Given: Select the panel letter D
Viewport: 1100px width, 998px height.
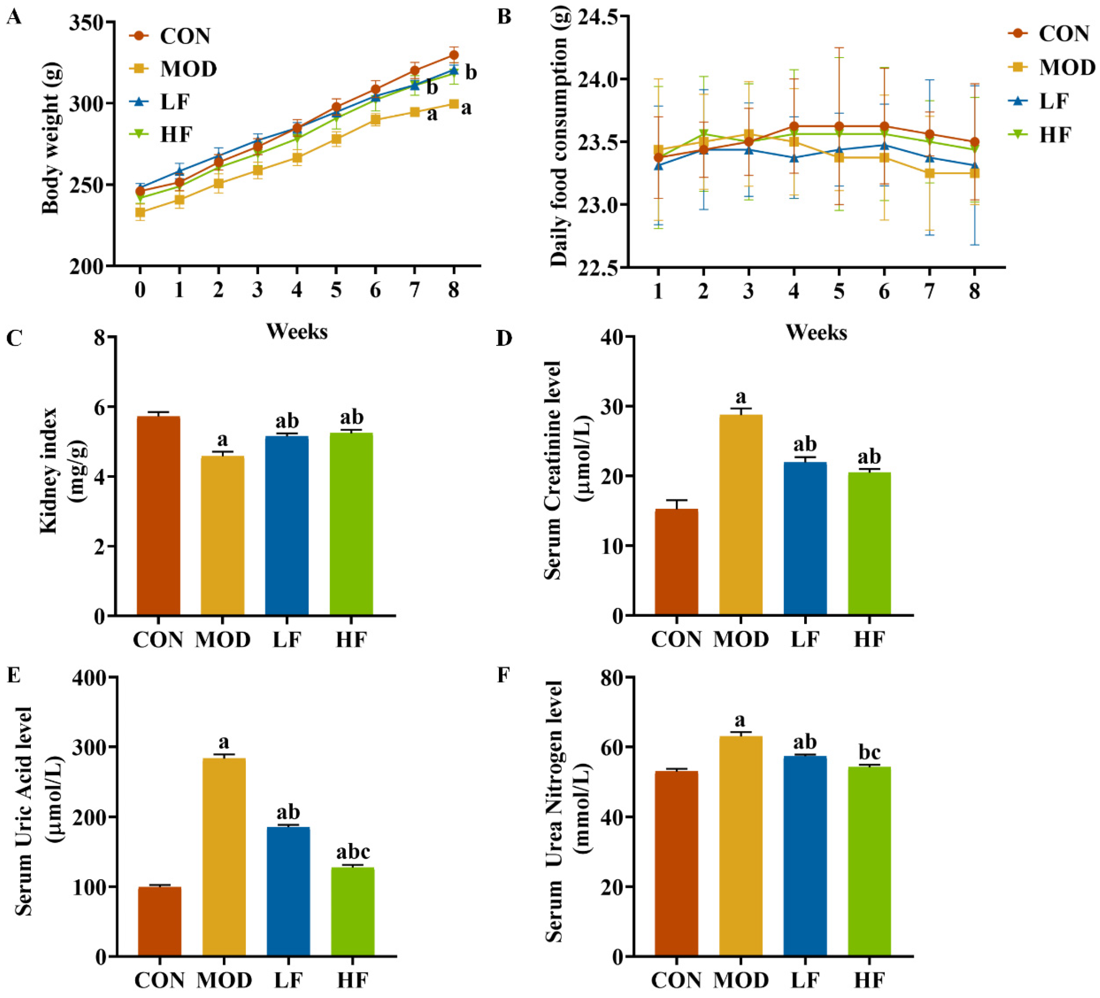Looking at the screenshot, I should tap(504, 338).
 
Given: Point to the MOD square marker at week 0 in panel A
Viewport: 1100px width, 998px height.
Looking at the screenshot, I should tap(140, 212).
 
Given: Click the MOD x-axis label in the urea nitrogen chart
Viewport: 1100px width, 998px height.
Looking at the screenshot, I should tap(741, 980).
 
